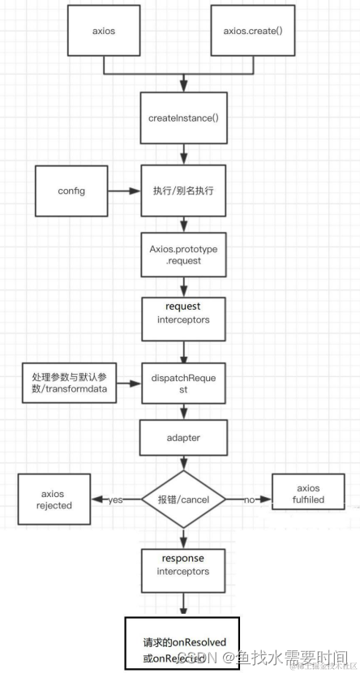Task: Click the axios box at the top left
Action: pyautogui.click(x=103, y=32)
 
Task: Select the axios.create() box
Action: pyautogui.click(x=252, y=32)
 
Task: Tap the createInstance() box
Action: pyautogui.click(x=184, y=118)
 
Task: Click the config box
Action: pyautogui.click(x=71, y=191)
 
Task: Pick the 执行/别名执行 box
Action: pyautogui.click(x=184, y=191)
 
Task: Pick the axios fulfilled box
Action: pyautogui.click(x=309, y=494)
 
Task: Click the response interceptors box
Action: pyautogui.click(x=184, y=565)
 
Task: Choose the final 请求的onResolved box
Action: pyautogui.click(x=184, y=644)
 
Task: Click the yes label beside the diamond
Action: pyautogui.click(x=115, y=499)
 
